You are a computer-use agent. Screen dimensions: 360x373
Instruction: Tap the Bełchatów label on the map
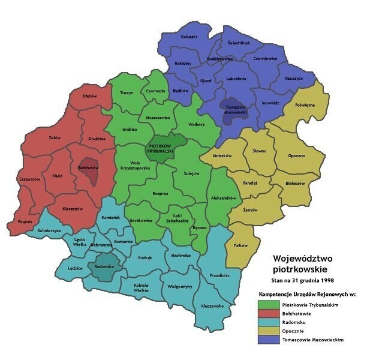[x=88, y=168]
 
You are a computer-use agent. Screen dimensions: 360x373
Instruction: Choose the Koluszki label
[x=189, y=37]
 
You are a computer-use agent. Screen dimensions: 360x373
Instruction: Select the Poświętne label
[x=305, y=104]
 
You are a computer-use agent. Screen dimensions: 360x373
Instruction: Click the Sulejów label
[x=191, y=173]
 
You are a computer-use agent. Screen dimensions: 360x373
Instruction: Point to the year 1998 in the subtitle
[x=326, y=280]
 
